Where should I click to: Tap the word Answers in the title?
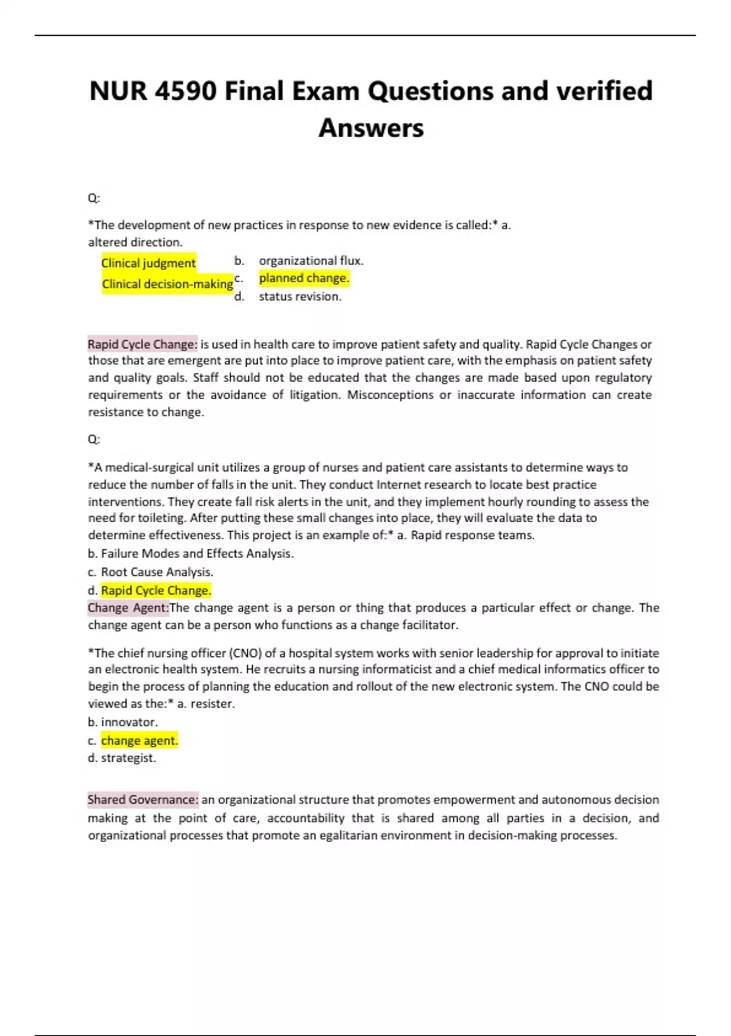pos(371,129)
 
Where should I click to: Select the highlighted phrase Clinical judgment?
pos(148,263)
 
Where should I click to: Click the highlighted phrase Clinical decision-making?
pos(167,284)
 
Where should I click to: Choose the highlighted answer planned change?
pos(304,279)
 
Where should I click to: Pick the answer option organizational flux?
pos(311,261)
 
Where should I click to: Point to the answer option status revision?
pos(300,297)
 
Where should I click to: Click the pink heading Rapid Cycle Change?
pos(143,344)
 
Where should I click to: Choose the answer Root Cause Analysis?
pos(157,572)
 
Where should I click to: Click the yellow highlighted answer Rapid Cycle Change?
pos(156,591)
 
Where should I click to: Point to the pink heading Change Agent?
pos(128,608)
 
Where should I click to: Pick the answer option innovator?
pos(129,722)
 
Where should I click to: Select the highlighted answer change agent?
pos(139,740)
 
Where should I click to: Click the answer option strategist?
pos(128,758)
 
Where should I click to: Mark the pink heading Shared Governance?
pos(143,800)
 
